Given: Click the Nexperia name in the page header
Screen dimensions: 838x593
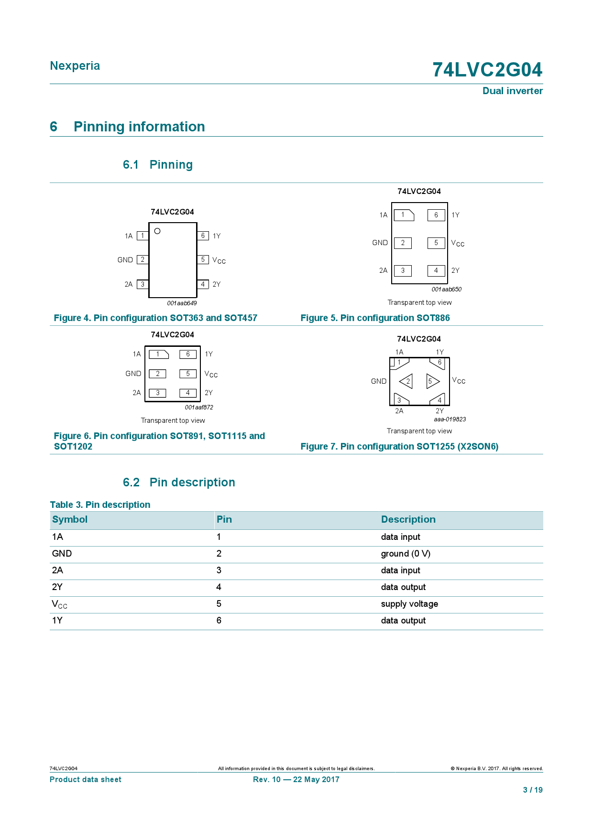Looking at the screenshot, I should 75,66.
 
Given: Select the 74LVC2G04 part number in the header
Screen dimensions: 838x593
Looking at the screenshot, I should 487,70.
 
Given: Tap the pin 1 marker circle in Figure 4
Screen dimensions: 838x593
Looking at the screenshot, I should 157,231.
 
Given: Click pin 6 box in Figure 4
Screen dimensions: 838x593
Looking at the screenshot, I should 203,236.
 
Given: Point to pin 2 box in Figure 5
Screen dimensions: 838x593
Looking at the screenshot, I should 403,243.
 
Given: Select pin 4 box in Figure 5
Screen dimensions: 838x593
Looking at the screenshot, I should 436,270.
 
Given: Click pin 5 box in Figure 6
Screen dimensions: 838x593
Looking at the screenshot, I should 188,374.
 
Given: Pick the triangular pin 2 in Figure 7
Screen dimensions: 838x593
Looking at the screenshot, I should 406,381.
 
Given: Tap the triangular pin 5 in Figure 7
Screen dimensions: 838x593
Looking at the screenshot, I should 432,381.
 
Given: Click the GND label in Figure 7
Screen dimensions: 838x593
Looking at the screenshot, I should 379,381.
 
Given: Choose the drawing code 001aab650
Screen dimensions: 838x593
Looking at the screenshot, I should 446,289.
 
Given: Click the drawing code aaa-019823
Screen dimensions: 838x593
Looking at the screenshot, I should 450,419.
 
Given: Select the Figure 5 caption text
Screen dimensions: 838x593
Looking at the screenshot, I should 375,318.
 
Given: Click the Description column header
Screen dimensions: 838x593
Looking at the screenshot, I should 408,520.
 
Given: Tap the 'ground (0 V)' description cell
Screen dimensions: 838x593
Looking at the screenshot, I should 406,554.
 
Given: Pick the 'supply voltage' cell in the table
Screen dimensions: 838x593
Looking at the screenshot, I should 409,604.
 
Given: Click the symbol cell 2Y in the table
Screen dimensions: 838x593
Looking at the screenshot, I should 57,587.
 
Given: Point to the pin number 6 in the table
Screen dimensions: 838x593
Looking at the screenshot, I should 219,621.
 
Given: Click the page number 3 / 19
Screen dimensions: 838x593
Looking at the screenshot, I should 533,790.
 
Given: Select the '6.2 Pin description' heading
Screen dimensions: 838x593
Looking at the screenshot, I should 179,483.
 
